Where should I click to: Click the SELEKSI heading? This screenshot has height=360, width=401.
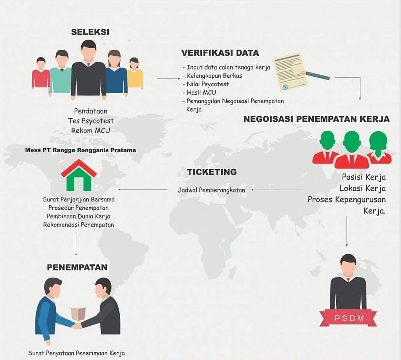[90, 32]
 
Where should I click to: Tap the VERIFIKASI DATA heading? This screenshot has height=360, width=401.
[220, 53]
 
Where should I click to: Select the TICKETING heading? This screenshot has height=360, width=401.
[212, 172]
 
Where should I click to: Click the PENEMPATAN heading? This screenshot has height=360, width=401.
[77, 267]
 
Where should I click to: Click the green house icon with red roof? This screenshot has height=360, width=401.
[79, 175]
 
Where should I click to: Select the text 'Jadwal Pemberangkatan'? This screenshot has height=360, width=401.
[211, 190]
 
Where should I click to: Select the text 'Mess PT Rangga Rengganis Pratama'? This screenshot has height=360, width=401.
[81, 150]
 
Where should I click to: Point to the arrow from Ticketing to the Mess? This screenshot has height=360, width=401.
[143, 190]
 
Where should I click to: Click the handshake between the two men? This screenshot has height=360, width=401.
[77, 325]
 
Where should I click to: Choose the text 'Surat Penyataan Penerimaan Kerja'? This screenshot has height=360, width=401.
[76, 353]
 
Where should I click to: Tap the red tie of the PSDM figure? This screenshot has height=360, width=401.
[348, 280]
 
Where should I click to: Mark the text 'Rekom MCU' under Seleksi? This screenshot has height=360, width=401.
[90, 130]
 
